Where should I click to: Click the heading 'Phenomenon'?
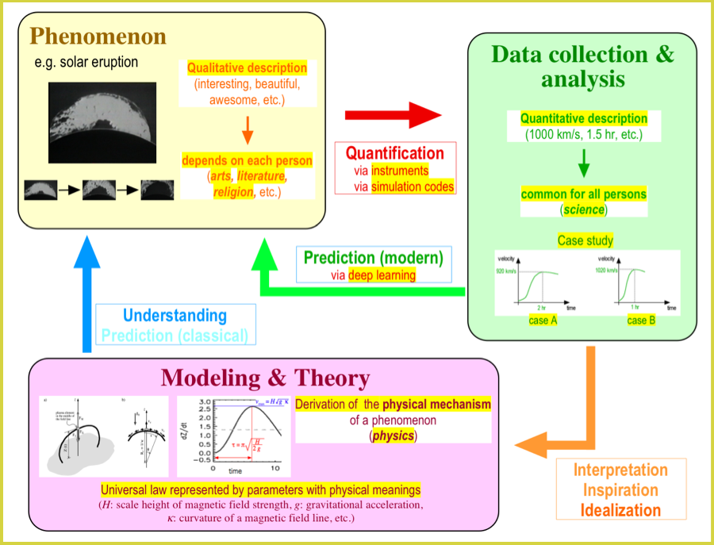pyautogui.click(x=98, y=37)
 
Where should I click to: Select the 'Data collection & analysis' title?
pyautogui.click(x=582, y=67)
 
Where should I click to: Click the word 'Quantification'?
pyautogui.click(x=395, y=153)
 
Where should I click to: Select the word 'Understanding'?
pyautogui.click(x=175, y=316)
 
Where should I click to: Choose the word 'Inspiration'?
pyautogui.click(x=620, y=489)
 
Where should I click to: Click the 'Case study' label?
pyautogui.click(x=585, y=240)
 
